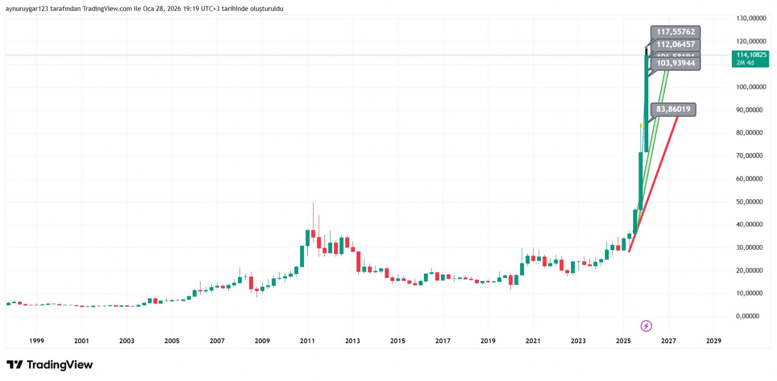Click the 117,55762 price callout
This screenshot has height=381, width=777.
click(x=676, y=32)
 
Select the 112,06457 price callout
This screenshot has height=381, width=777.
click(x=676, y=45)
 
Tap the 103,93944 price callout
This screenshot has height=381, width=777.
click(x=676, y=63)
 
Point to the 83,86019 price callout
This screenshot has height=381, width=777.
click(x=673, y=109)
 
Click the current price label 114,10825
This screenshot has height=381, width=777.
click(x=751, y=55)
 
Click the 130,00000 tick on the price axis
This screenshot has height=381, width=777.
click(x=751, y=18)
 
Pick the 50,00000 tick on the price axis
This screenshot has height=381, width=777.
click(x=749, y=202)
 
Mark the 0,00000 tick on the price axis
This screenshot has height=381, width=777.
click(x=747, y=316)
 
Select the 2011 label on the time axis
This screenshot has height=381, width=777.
click(x=307, y=341)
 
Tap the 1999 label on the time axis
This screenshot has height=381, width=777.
click(x=36, y=341)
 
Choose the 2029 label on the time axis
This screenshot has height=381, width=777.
click(x=713, y=341)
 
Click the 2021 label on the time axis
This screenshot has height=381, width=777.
click(x=533, y=341)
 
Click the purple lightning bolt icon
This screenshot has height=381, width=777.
click(x=646, y=326)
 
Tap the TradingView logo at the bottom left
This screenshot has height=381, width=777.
click(x=50, y=365)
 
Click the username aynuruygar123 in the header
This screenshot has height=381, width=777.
click(x=27, y=9)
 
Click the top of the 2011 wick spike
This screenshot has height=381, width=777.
click(x=313, y=203)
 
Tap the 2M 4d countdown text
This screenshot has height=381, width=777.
click(x=745, y=63)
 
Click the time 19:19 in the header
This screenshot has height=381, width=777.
click(x=191, y=9)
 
